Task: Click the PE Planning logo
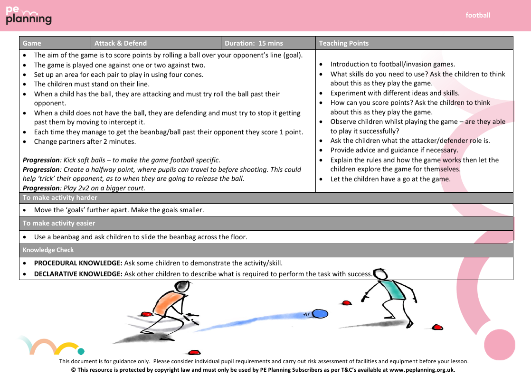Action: [28, 16]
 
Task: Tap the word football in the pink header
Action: [478, 15]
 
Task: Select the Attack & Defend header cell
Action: [121, 43]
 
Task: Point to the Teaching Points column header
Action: [344, 43]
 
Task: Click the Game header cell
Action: [32, 43]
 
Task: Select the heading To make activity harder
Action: [60, 197]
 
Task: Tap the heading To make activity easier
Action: [59, 223]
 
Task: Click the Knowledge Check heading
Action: [48, 250]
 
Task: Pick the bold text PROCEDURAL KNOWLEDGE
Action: [78, 263]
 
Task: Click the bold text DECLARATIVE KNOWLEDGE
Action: [78, 274]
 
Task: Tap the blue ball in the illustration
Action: [320, 313]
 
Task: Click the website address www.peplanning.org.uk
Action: [422, 369]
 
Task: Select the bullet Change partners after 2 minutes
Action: [85, 141]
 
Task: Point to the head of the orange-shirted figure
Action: [181, 286]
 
